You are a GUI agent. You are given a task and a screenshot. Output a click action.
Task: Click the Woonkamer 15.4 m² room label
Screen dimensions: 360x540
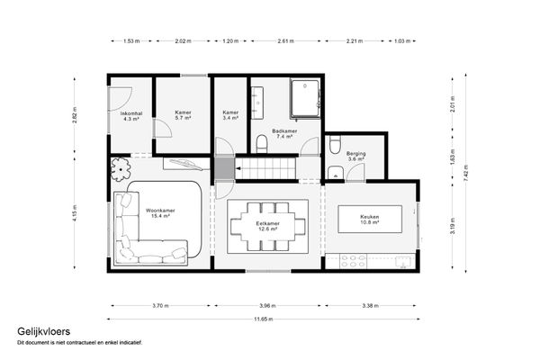[x=160, y=213]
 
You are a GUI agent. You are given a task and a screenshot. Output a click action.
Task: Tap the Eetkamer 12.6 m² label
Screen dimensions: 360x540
[x=267, y=226]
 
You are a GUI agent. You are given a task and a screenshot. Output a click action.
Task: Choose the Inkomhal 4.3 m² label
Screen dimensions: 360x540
[x=131, y=116]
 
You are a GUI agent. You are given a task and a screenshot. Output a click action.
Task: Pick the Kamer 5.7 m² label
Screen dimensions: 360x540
[x=184, y=116]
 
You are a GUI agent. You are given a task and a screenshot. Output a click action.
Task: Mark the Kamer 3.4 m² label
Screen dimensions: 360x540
[x=231, y=116]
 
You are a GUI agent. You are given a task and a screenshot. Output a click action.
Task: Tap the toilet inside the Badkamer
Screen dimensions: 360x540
[x=262, y=143]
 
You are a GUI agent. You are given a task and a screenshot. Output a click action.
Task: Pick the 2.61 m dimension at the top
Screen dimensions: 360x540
[x=287, y=41]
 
